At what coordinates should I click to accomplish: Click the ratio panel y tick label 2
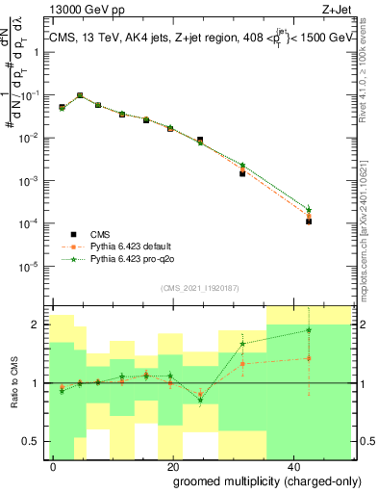[38, 324]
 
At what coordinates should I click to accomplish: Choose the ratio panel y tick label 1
[38, 383]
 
